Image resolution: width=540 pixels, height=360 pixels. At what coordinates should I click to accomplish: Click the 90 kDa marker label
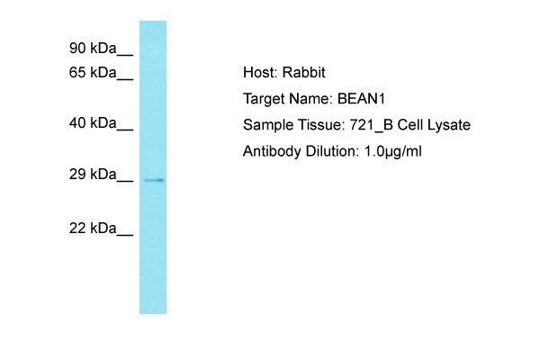93,49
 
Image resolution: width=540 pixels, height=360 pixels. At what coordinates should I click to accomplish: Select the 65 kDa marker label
93,73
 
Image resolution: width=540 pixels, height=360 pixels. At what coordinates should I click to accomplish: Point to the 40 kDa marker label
93,123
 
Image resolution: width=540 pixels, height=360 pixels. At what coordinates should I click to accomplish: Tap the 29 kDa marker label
93,175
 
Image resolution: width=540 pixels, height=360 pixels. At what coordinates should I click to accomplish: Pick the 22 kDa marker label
93,228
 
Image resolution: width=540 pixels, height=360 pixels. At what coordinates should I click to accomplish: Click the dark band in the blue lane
154,180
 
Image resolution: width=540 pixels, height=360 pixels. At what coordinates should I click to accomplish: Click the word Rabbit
304,72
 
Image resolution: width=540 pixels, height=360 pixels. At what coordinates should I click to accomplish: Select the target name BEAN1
361,99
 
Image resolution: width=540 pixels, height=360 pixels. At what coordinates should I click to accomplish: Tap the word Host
260,72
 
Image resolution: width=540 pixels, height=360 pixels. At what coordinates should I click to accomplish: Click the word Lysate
449,125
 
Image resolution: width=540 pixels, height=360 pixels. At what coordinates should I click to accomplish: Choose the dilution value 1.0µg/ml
393,151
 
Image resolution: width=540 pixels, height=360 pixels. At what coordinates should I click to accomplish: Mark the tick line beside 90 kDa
125,54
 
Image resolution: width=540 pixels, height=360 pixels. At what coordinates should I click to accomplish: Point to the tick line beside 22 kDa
125,235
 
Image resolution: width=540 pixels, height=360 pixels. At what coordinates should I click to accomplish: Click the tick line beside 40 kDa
125,130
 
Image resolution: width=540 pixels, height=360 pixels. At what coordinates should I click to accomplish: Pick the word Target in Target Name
264,99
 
